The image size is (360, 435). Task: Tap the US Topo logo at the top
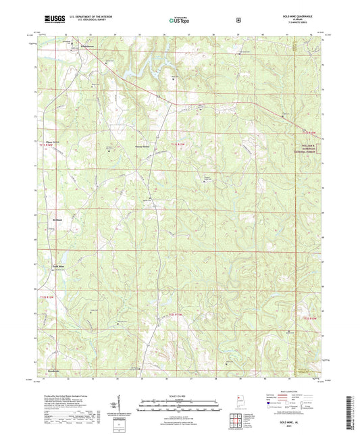pyautogui.click(x=177, y=20)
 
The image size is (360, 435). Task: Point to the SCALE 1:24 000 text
pyautogui.click(x=179, y=395)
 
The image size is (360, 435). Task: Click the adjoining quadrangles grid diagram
pyautogui.click(x=238, y=418)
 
